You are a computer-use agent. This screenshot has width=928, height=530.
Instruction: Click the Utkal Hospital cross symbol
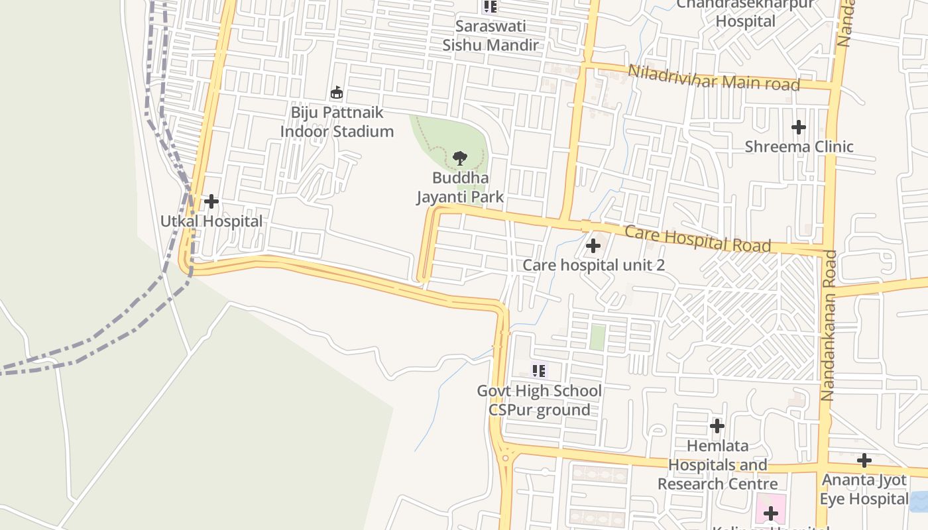[x=211, y=201]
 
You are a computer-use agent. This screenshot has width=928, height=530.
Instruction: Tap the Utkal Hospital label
[x=211, y=221]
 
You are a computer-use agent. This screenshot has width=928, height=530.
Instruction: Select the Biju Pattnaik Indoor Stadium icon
[x=337, y=92]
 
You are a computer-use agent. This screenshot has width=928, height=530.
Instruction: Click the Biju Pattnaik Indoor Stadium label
[x=337, y=122]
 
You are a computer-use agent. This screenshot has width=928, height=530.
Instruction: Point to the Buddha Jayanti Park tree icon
[x=459, y=158]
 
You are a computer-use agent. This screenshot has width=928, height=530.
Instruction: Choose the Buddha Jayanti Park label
[x=460, y=187]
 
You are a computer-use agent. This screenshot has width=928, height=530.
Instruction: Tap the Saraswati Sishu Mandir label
[x=491, y=36]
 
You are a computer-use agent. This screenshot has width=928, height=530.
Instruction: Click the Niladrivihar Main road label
[x=714, y=78]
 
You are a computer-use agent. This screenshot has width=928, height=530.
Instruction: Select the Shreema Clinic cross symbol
[x=799, y=127]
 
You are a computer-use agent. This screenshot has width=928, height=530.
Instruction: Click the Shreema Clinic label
[x=799, y=146]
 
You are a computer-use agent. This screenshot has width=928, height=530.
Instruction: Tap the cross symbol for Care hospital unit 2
[x=593, y=246]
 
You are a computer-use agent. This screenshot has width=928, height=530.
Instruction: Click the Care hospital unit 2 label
[x=593, y=265]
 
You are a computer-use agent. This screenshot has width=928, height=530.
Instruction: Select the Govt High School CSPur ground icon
[x=539, y=371]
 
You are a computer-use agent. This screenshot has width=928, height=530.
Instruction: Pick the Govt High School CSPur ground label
[x=540, y=400]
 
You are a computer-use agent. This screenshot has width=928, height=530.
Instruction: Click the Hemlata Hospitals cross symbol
[x=717, y=425]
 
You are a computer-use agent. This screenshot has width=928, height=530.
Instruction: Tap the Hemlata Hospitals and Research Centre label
[x=717, y=464]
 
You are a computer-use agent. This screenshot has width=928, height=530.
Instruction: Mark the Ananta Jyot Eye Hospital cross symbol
[x=864, y=460]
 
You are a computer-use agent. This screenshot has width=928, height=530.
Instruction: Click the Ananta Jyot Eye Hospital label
[x=864, y=489]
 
